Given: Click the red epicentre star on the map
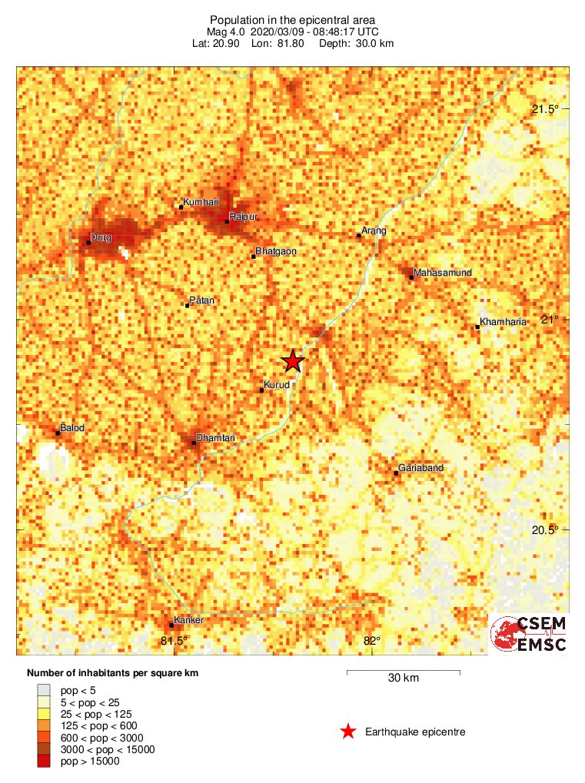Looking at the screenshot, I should point(293,361).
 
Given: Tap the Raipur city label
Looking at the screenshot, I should point(243,217).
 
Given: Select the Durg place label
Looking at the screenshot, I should point(101,237).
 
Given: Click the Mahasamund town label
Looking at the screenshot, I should point(442,273).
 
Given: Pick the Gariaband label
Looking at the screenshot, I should point(420,468).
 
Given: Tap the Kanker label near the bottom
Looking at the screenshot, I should point(188,619).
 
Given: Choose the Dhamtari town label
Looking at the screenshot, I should point(215,438).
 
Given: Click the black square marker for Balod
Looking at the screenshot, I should point(58,433).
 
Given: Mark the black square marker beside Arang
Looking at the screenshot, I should point(359,235).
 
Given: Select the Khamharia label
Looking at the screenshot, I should point(503,322).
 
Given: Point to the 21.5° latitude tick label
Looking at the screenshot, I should point(545,109).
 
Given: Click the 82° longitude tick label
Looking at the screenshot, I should point(371,641).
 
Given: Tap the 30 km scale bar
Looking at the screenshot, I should point(404,672).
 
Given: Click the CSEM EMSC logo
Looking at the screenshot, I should point(529,633).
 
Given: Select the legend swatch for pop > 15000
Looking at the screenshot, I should point(44,761).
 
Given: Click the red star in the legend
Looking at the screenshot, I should point(348,732).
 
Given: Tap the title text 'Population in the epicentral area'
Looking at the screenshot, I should point(292,19).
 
